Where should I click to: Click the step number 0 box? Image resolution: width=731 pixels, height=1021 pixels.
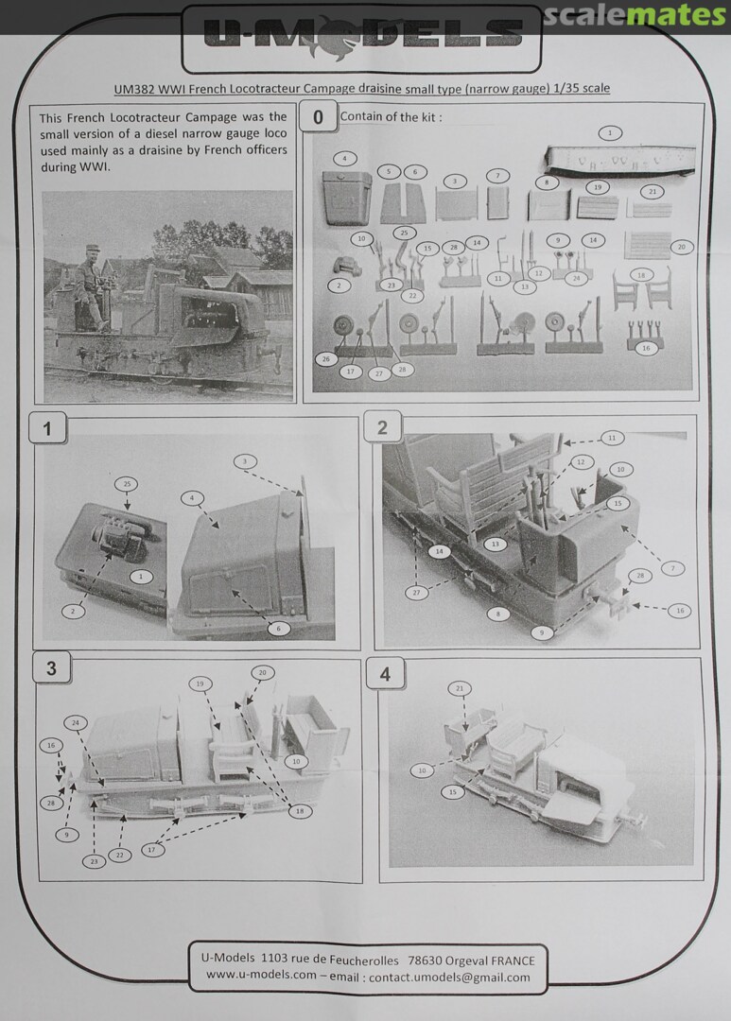[x=318, y=117]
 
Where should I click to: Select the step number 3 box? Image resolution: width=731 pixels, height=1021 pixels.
[x=51, y=668]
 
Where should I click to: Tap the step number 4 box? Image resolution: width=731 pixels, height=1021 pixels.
[x=385, y=674]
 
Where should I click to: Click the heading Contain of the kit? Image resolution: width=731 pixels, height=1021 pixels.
[x=391, y=117]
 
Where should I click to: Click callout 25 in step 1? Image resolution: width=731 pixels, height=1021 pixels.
[x=127, y=484]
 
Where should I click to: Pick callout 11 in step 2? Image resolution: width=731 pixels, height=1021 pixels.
[x=611, y=438]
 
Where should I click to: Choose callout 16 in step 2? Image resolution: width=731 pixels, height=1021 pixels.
[x=680, y=611]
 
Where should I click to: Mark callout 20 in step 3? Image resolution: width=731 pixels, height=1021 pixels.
[x=263, y=673]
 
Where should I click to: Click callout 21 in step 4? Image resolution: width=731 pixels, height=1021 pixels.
[x=460, y=688]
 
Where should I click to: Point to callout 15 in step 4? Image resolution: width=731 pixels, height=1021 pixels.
[x=453, y=792]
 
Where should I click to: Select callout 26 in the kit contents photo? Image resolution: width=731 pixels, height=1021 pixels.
[x=325, y=359]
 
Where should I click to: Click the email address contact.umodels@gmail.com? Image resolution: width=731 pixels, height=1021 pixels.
[x=449, y=977]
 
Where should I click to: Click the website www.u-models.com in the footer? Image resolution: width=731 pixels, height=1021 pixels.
[x=261, y=975]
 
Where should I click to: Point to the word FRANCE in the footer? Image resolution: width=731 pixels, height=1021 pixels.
[x=513, y=961]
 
